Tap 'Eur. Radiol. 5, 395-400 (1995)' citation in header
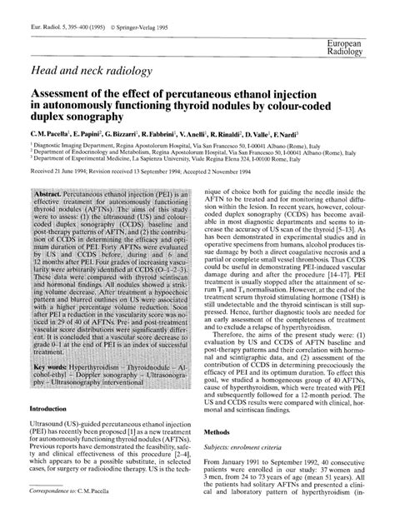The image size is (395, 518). [x=66, y=12]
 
